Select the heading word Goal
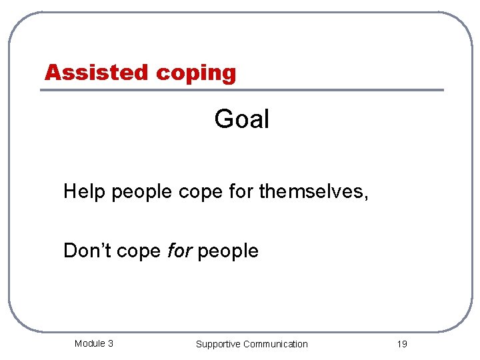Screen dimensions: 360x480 (241, 119)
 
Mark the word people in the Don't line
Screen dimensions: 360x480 (228, 252)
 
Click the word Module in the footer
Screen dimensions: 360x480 (89, 343)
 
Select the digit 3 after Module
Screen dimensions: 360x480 (110, 343)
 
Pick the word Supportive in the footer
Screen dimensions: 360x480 (218, 344)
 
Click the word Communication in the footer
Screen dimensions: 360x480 (275, 344)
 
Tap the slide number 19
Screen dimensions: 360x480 (401, 344)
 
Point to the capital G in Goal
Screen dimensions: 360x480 (223, 119)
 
